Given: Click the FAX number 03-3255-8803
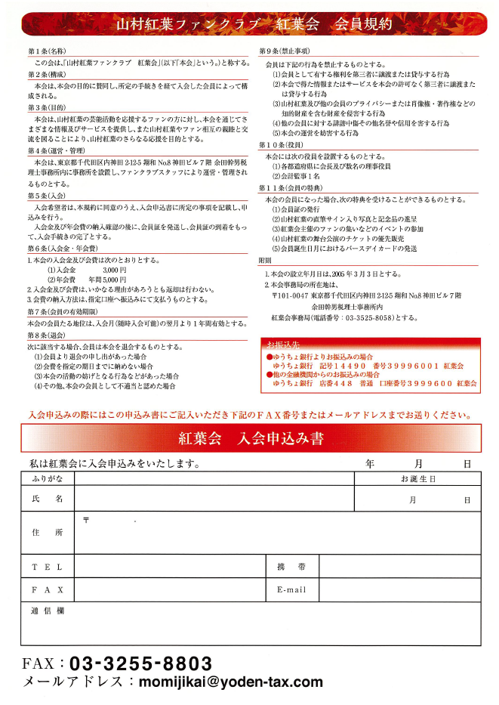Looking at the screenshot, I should click(140, 664).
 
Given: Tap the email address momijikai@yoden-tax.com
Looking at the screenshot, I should click(226, 682).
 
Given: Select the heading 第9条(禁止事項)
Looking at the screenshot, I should click(284, 51).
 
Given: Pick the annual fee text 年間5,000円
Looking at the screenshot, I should click(107, 280).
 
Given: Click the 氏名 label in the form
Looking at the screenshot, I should click(47, 499).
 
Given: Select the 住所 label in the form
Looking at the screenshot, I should click(47, 533).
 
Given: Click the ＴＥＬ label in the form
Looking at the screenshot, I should click(47, 567).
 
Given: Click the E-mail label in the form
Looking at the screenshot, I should click(291, 589).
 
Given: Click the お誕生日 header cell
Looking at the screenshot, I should click(417, 479).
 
